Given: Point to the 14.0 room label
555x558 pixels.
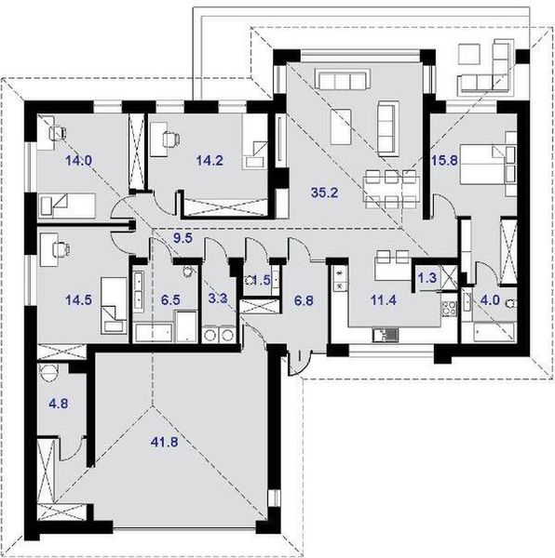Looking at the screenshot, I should click(x=77, y=160).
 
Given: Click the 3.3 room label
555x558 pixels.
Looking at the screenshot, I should click(x=216, y=300).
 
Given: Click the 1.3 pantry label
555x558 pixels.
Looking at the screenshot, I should click(x=428, y=277).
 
